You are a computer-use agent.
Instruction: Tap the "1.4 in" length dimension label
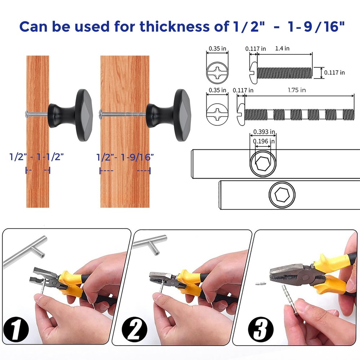tap(282, 48)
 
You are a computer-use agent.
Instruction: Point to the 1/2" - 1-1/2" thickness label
tap(37, 157)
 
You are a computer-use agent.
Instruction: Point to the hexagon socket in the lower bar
tap(282, 196)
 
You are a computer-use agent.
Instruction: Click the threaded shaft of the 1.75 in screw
tap(299, 114)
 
